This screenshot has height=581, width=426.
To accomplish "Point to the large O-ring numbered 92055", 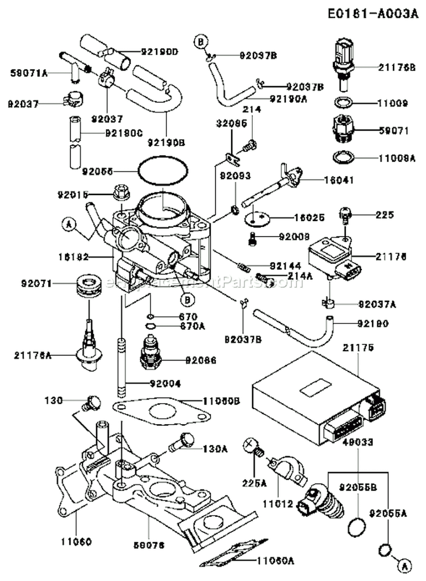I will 162,171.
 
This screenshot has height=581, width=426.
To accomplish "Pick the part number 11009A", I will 394,160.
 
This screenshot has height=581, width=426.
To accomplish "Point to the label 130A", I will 215,448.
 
